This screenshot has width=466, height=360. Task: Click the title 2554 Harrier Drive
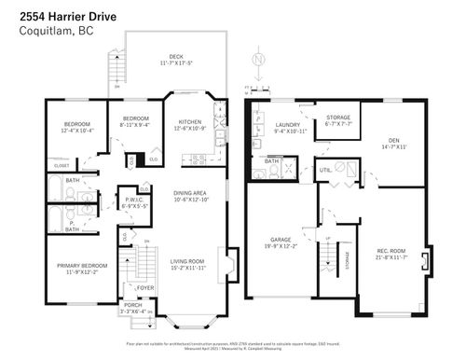coord(62,13)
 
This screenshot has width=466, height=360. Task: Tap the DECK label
coord(176,57)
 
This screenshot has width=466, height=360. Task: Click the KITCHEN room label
coord(189,121)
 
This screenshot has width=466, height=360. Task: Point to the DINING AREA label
coord(188,193)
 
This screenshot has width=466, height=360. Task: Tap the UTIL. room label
coord(325,170)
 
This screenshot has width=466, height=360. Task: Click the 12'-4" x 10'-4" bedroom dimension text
coord(77,131)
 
